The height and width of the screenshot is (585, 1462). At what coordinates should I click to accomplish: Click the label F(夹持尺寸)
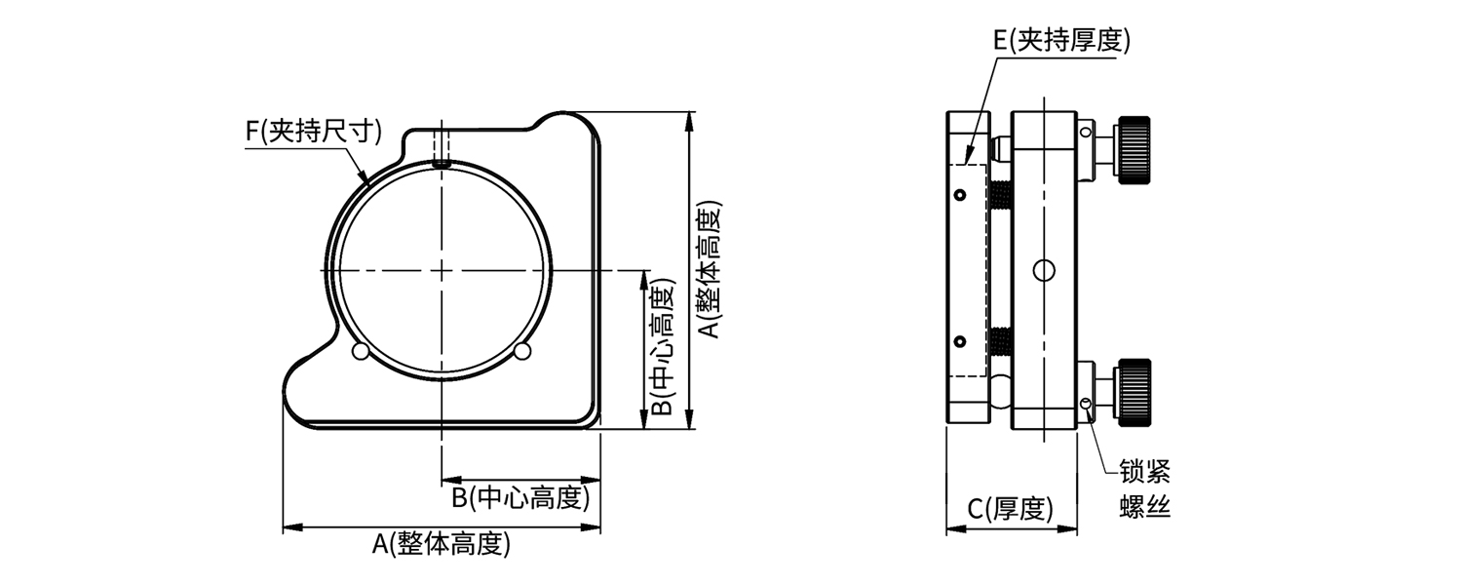pos(313,131)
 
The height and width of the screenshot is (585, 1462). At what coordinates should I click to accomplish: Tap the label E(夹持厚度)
pos(1060,40)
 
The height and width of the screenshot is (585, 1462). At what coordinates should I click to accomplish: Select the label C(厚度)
pos(1011,508)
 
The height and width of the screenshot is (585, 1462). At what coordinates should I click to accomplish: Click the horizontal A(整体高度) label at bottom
pos(442,544)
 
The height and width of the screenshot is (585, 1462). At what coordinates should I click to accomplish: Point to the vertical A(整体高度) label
pos(711,270)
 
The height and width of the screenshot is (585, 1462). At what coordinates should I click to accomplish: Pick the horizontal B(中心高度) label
pos(521,497)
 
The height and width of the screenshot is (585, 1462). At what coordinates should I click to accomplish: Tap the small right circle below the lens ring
pos(522,351)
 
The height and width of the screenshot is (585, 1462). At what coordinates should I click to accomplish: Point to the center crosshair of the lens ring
pos(442,269)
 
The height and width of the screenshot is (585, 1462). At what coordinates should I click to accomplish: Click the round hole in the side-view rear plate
pos(1044,268)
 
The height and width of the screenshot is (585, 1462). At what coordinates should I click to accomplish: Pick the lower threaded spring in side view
pos(1000,341)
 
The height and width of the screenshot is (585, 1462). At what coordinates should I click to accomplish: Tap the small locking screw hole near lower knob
pos(1086,404)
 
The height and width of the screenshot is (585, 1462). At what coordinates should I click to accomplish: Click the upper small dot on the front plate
pos(961,196)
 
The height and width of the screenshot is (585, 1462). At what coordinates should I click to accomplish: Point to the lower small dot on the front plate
pos(961,341)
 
